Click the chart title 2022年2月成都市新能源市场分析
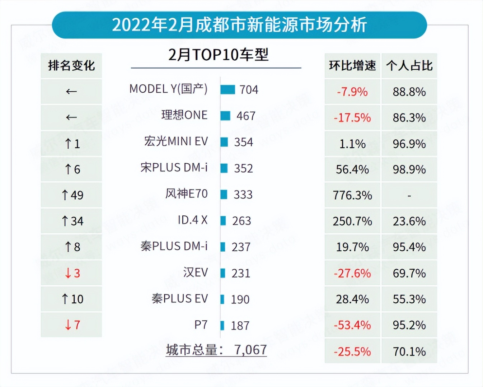point(239,25)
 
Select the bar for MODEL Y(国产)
point(228,89)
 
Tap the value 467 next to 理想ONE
point(246,116)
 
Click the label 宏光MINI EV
point(176,141)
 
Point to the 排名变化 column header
point(71,65)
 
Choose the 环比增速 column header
point(352,65)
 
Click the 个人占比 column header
point(409,65)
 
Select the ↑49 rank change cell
point(72,195)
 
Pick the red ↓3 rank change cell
point(72,273)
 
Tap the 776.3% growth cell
point(352,195)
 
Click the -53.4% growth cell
point(352,325)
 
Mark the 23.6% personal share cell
point(409,221)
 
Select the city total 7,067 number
point(250,349)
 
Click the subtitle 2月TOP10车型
point(218,55)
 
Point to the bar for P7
point(222,325)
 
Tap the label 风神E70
point(186,193)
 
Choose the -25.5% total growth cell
point(352,351)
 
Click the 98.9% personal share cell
point(409,169)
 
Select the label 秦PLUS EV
point(179,298)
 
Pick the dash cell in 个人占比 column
point(409,196)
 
